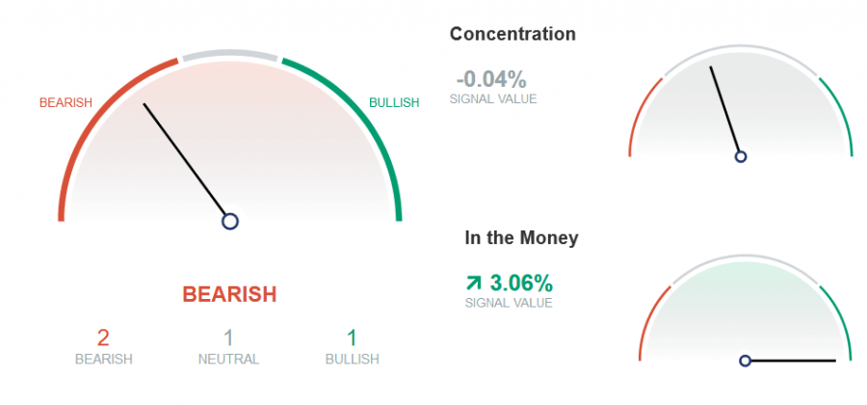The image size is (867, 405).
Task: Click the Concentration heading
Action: click(512, 35)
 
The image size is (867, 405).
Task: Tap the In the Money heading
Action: click(521, 238)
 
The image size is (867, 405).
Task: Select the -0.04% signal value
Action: click(491, 80)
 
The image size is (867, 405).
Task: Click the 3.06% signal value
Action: click(521, 283)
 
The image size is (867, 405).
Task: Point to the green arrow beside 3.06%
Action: click(474, 283)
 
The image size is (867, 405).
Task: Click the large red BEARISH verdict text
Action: click(229, 294)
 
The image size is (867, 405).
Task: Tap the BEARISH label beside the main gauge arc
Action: click(66, 103)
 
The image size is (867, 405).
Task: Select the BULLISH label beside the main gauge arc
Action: click(394, 103)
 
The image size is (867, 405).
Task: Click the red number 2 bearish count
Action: click(103, 337)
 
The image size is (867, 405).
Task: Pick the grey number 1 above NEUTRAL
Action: click(228, 337)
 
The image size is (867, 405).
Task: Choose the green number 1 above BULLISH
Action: click(352, 337)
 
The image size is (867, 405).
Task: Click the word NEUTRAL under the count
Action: click(228, 359)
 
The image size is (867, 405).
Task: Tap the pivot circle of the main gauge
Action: click(230, 222)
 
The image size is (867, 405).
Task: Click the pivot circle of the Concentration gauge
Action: click(741, 156)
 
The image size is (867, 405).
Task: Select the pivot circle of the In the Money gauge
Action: click(746, 361)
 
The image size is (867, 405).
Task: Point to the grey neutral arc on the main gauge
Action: click(230, 53)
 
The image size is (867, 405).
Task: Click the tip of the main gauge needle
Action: click(144, 103)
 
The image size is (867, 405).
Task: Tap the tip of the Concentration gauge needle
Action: click(711, 67)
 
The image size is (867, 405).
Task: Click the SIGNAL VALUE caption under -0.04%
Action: click(493, 99)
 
